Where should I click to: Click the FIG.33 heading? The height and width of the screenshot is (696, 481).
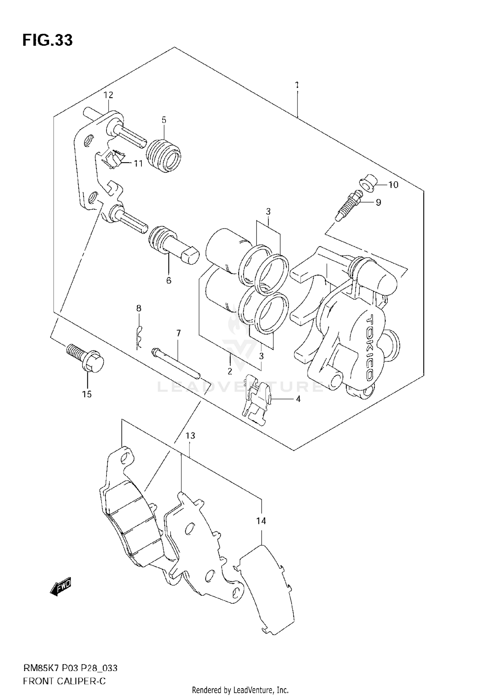pos(47,40)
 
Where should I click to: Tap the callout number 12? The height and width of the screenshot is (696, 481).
pos(108,95)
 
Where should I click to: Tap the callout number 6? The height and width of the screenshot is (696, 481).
pos(169,280)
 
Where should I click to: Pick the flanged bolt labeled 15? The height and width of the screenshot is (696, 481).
pos(87,360)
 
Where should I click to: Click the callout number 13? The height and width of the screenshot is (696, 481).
pos(190,436)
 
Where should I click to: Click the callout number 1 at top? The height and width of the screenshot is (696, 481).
pos(297,85)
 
